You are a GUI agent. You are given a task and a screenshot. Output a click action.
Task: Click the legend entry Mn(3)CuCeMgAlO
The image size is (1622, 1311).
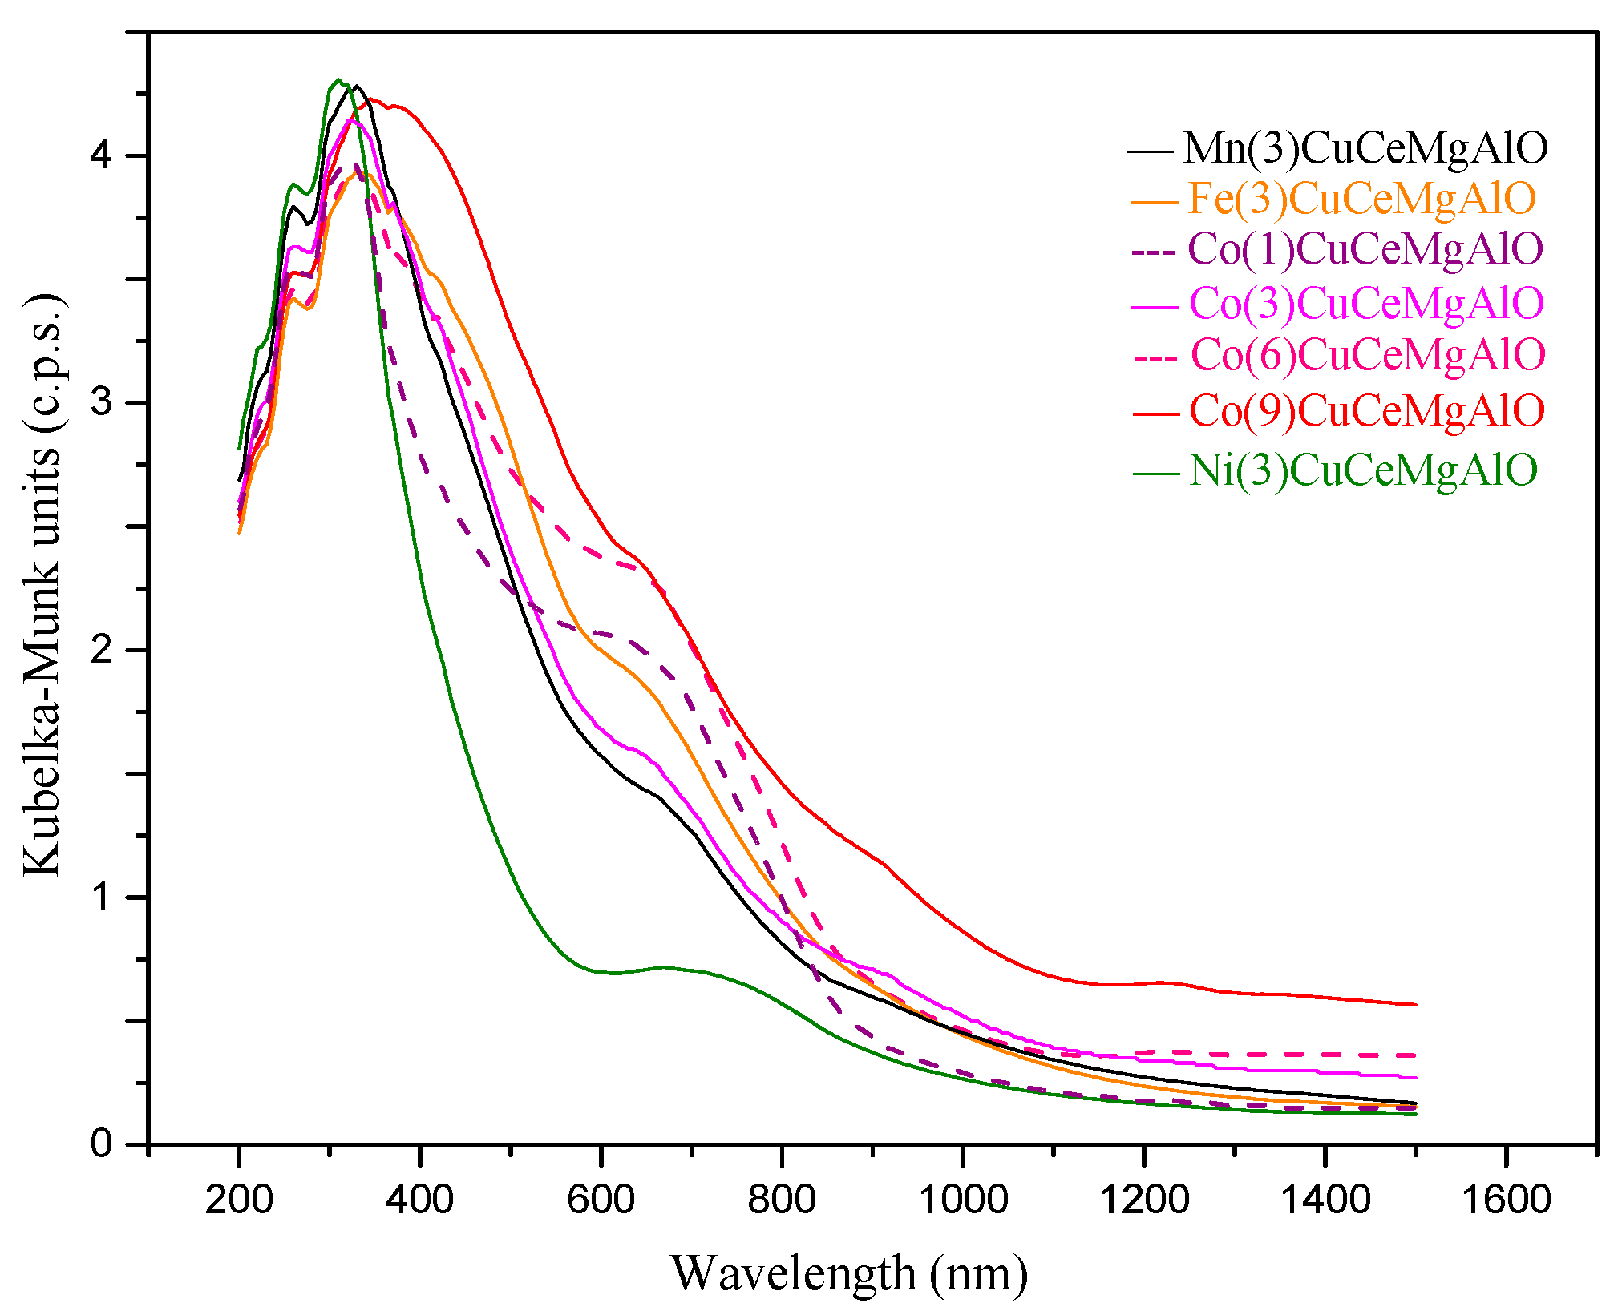1365,148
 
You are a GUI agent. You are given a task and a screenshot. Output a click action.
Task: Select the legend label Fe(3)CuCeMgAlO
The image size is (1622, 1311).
1361,199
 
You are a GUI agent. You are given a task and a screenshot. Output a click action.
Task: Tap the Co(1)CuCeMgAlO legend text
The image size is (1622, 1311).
1365,249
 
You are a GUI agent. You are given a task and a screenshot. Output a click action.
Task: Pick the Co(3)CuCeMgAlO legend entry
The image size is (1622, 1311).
1366,304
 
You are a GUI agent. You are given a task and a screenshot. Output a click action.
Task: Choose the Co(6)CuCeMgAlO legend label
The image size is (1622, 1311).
1367,355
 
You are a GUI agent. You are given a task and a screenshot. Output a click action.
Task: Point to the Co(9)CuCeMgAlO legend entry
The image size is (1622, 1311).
1366,412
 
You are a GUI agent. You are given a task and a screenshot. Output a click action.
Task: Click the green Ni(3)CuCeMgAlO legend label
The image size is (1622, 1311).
1362,470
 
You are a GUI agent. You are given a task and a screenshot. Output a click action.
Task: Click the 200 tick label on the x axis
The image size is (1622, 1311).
239,1200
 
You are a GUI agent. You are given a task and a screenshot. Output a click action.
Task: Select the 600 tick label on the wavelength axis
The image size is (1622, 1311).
601,1200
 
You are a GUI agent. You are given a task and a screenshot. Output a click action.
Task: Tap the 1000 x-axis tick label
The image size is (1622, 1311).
962,1200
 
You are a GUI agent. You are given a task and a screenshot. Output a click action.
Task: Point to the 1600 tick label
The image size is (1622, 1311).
1506,1200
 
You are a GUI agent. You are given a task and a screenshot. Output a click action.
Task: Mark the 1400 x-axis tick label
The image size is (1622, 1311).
1325,1200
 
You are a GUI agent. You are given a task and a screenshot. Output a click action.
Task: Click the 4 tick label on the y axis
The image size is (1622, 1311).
102,155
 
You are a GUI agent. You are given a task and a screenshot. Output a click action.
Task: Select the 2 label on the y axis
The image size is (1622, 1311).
102,650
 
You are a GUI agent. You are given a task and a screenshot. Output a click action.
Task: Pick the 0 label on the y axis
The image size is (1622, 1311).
102,1144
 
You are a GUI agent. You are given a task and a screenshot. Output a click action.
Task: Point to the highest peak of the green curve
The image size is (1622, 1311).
338,80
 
